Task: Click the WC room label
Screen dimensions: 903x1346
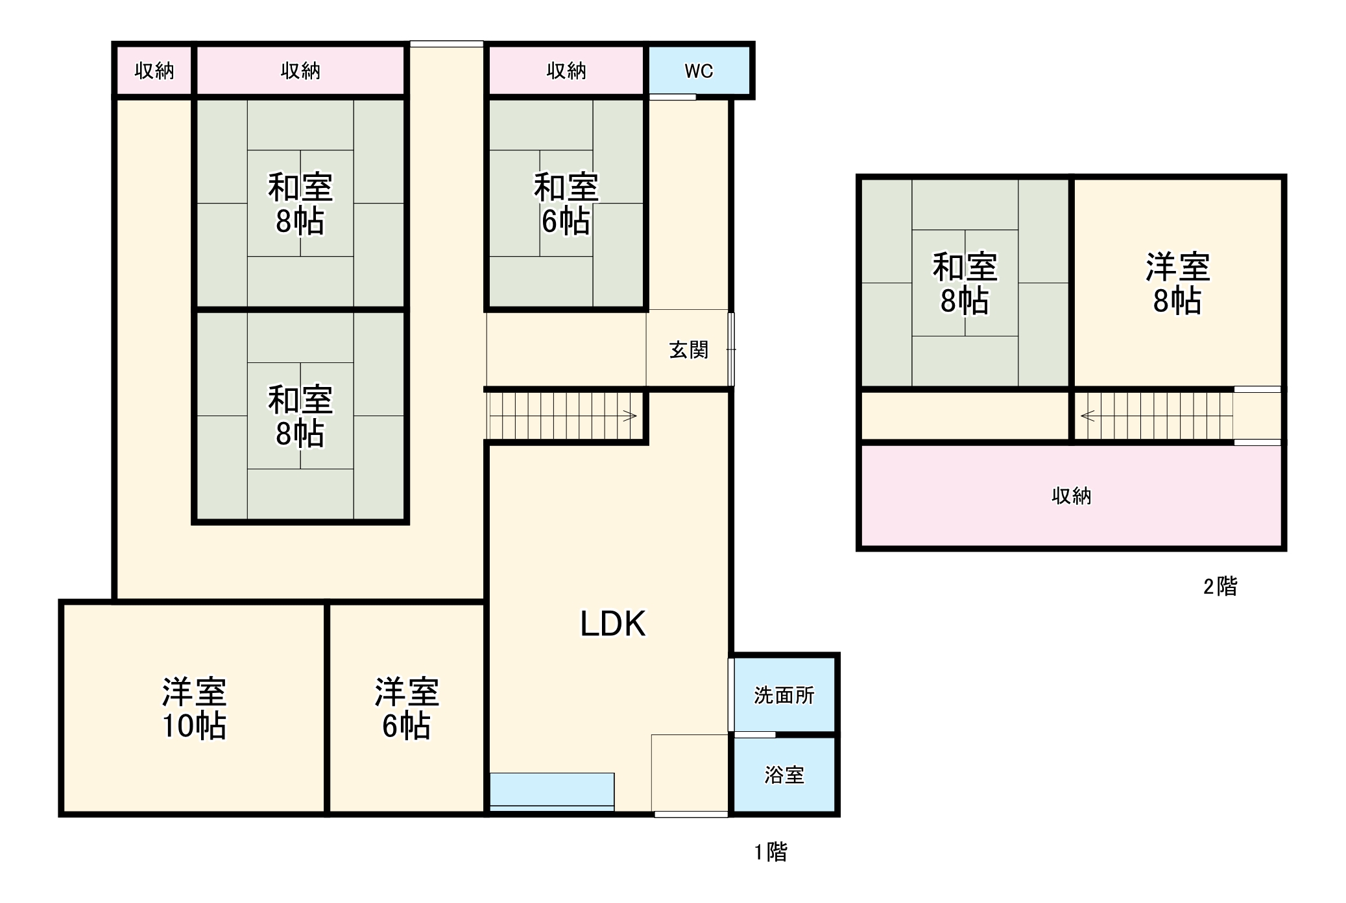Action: (699, 71)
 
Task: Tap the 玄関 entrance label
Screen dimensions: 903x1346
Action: (688, 350)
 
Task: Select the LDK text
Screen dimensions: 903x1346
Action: (612, 624)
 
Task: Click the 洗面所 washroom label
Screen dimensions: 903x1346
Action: (784, 696)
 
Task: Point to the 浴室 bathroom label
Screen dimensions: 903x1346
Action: (784, 775)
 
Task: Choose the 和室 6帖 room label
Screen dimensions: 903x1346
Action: (566, 204)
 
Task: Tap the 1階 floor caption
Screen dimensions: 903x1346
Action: (771, 852)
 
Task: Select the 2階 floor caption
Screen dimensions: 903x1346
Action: (1220, 587)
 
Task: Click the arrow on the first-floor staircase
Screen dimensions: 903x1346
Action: (629, 416)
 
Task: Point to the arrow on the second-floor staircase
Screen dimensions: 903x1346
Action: (1088, 416)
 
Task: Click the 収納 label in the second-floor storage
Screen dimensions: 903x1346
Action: (1071, 497)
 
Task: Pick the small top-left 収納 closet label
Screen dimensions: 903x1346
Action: (154, 71)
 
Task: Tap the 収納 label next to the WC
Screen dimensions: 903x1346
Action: (566, 71)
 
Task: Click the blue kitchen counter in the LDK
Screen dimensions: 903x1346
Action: (551, 790)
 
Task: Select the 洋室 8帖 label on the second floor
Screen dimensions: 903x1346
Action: (1177, 284)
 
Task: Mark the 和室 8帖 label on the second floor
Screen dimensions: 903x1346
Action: (965, 284)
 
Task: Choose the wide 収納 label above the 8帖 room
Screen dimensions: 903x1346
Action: (300, 71)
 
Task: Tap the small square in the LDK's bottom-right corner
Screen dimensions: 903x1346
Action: (689, 772)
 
